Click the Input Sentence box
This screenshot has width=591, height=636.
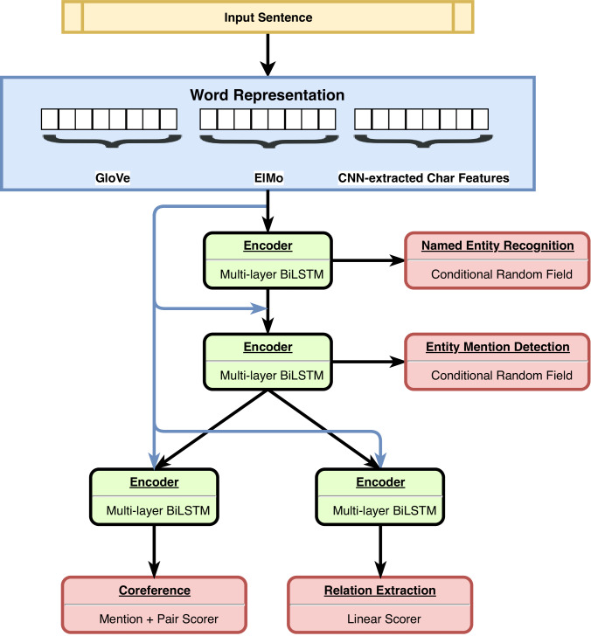(x=268, y=17)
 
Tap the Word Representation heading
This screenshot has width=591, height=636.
(x=268, y=95)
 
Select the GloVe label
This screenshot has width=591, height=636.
(x=113, y=177)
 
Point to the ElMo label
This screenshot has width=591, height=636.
(x=268, y=177)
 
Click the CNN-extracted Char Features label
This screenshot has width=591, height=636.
(x=423, y=177)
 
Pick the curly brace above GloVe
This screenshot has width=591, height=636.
(x=112, y=141)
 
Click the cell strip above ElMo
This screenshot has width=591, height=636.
(x=268, y=119)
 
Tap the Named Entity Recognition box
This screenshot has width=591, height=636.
(x=497, y=260)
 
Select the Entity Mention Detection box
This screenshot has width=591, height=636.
(x=497, y=362)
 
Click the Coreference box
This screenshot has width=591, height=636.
(x=154, y=605)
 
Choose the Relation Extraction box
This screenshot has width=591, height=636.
(x=380, y=605)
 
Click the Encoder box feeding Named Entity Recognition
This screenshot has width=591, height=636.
(x=268, y=260)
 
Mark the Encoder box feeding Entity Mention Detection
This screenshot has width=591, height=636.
(x=268, y=362)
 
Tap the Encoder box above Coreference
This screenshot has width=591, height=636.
(x=154, y=497)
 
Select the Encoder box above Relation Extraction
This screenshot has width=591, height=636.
(x=380, y=497)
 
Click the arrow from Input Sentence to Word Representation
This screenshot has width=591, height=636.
(x=268, y=55)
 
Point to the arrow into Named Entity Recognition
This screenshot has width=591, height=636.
(x=369, y=260)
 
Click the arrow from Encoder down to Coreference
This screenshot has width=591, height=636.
(x=154, y=550)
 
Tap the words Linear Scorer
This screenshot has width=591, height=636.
(x=384, y=619)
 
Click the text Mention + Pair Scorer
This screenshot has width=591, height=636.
(x=159, y=619)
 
